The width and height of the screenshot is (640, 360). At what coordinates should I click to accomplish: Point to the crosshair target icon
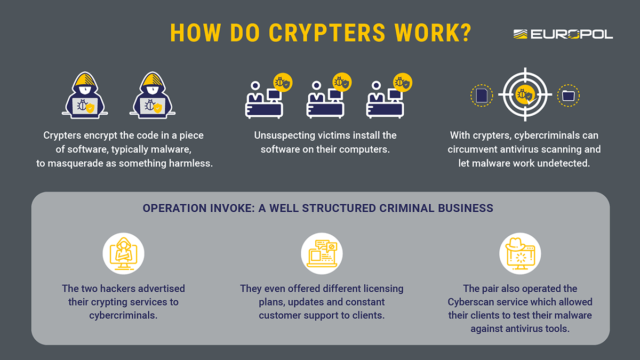[525, 95]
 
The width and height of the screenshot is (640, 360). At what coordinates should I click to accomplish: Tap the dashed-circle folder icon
[568, 95]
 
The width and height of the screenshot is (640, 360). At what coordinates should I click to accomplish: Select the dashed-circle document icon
[482, 95]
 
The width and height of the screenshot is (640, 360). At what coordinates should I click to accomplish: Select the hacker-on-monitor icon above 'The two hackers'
[124, 253]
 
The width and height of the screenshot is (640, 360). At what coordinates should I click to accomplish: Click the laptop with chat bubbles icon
[322, 253]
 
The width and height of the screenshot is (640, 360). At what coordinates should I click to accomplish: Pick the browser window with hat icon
[520, 253]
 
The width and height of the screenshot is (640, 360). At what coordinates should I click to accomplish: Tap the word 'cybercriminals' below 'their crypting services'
[123, 315]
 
